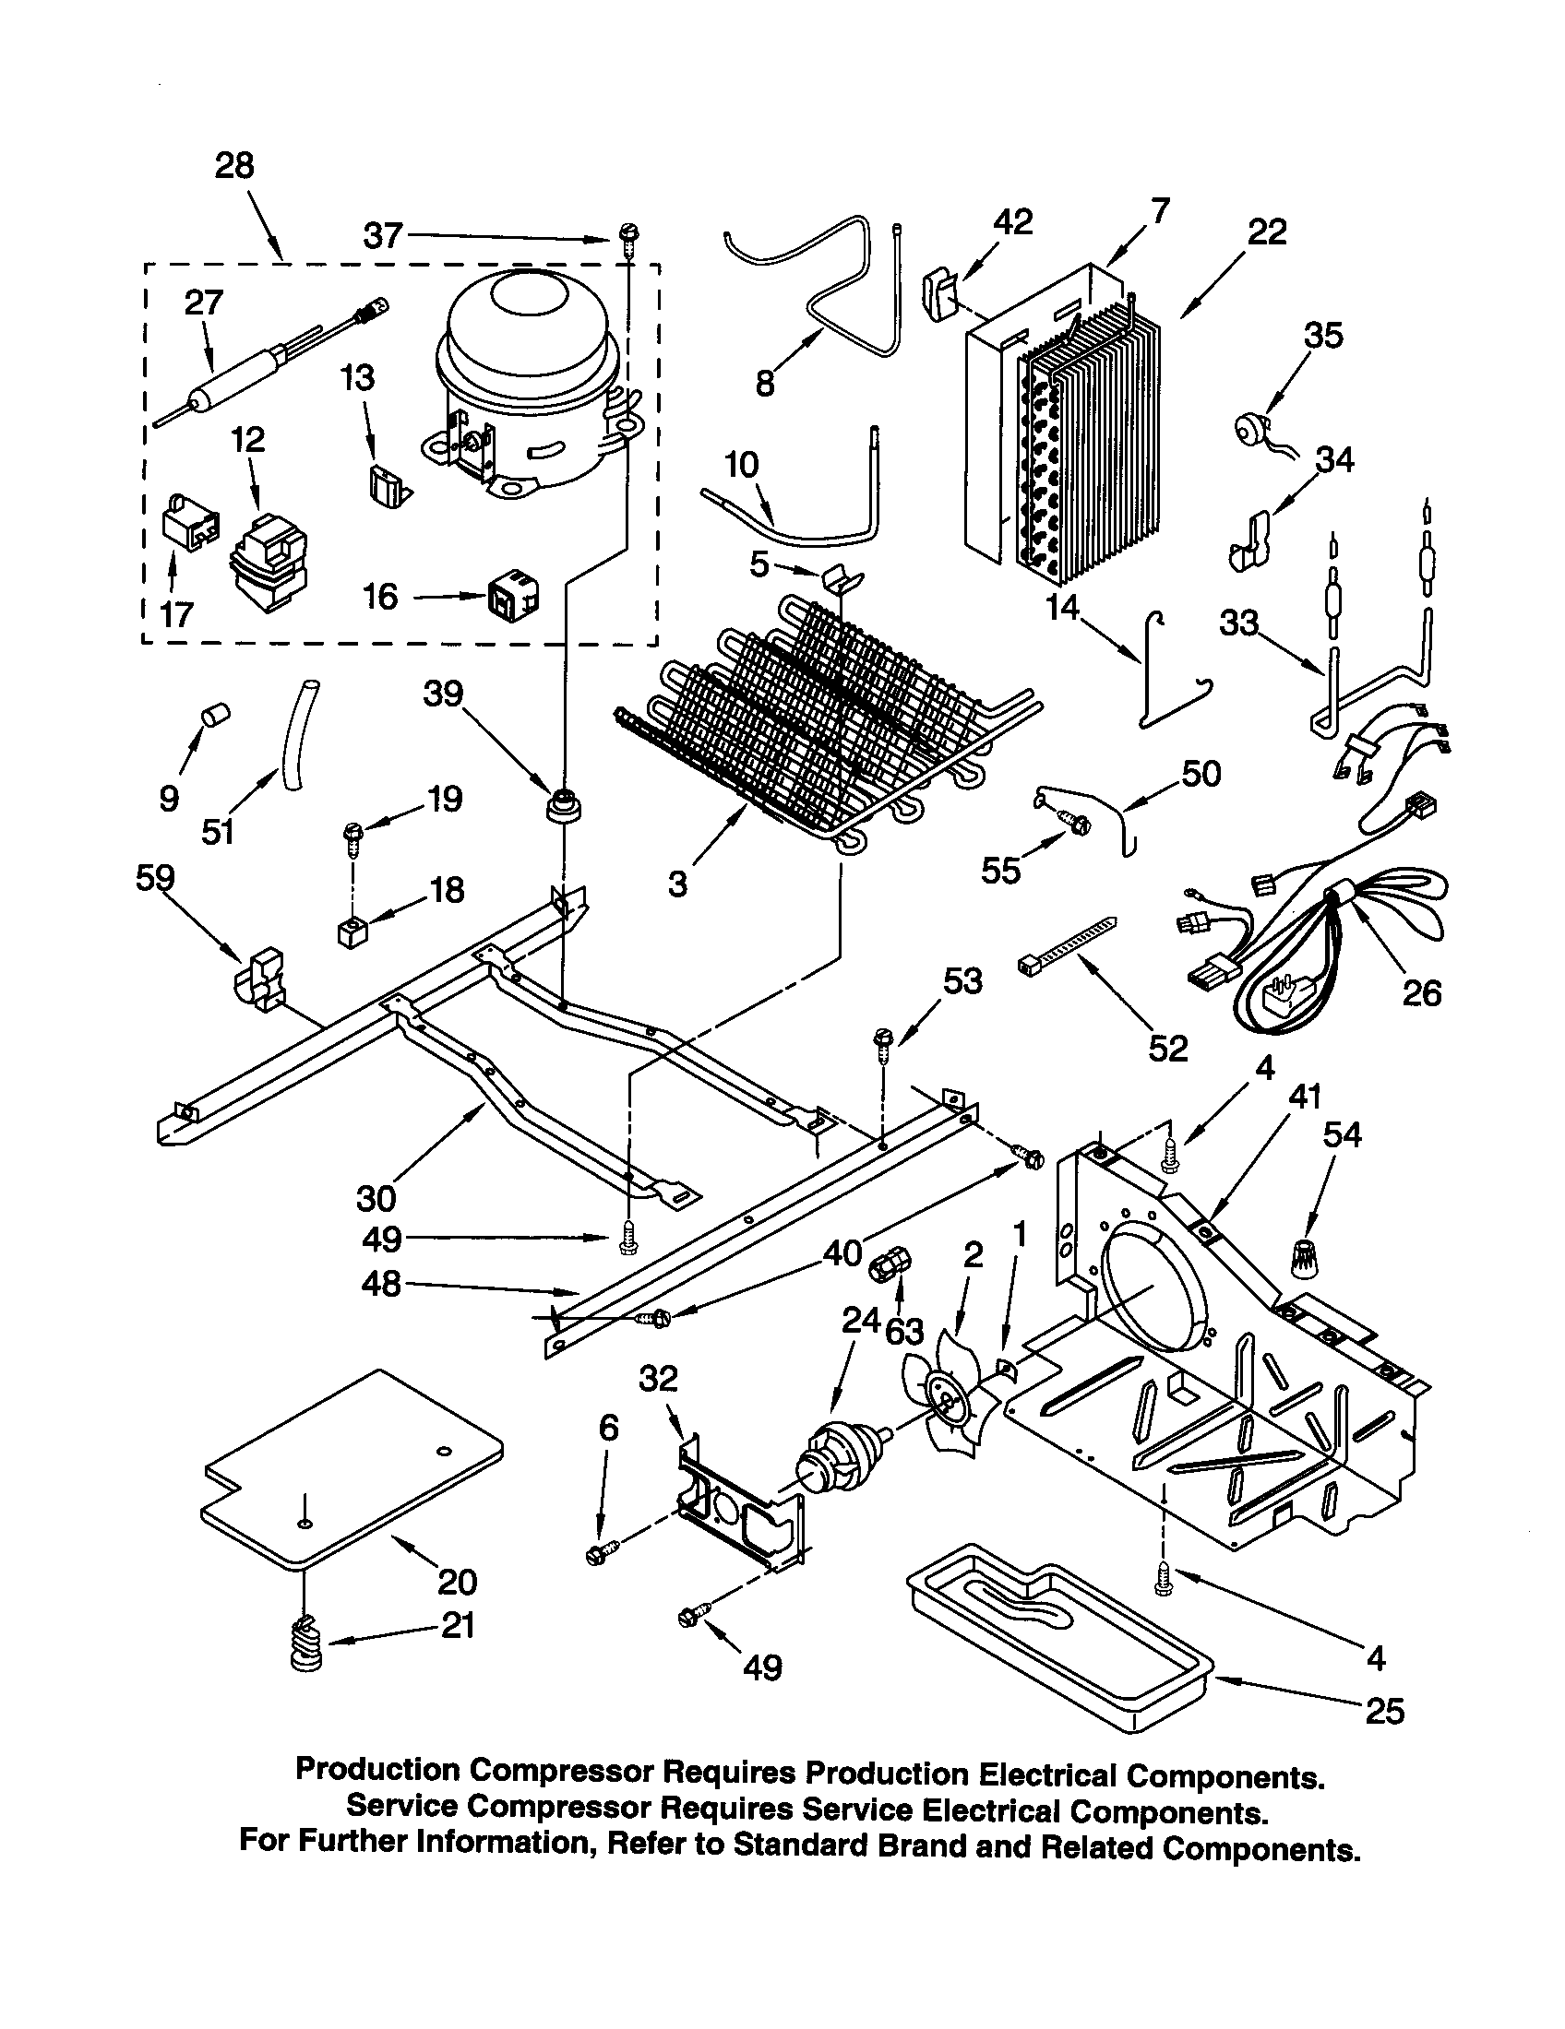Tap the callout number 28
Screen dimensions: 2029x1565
[x=234, y=166]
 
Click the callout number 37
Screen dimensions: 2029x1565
[x=382, y=236]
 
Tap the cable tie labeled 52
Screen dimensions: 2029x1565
[x=1068, y=946]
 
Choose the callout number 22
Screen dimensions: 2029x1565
[x=1267, y=231]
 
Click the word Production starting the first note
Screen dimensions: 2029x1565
[x=376, y=1771]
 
